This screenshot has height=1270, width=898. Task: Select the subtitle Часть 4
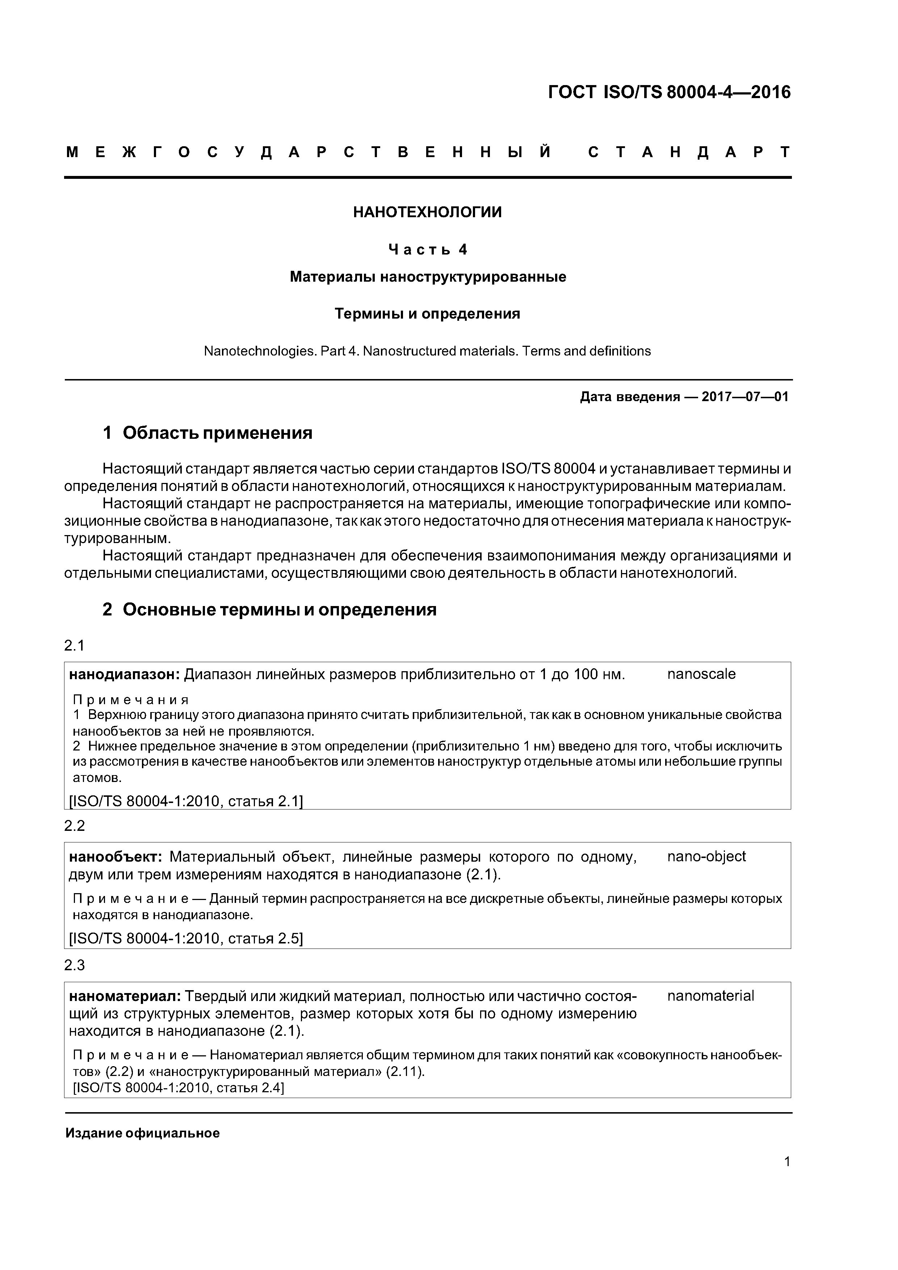point(428,250)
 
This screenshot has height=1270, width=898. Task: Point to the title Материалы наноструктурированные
point(428,277)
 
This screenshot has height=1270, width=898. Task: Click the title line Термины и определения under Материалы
point(427,314)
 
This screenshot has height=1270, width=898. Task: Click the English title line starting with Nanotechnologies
point(427,351)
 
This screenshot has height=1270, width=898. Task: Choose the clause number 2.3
point(74,965)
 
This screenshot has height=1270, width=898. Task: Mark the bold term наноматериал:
point(125,996)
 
